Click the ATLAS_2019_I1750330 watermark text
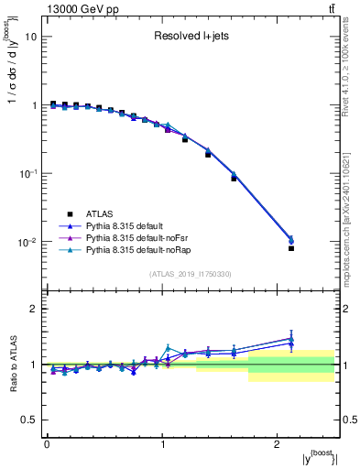191,273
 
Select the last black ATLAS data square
291,248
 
